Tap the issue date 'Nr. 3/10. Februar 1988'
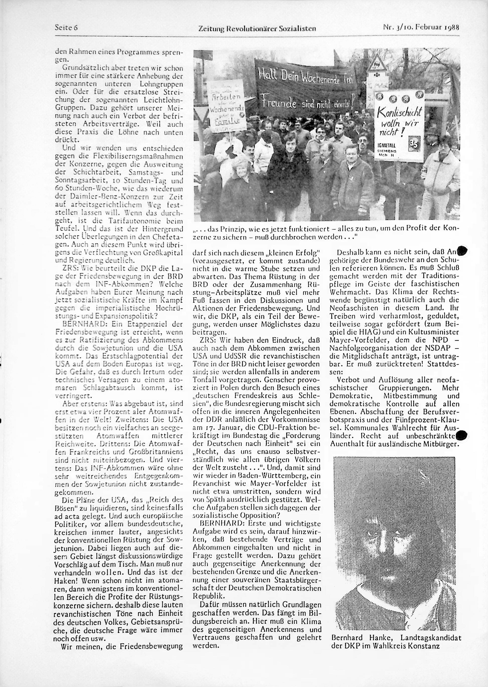(x=421, y=28)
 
